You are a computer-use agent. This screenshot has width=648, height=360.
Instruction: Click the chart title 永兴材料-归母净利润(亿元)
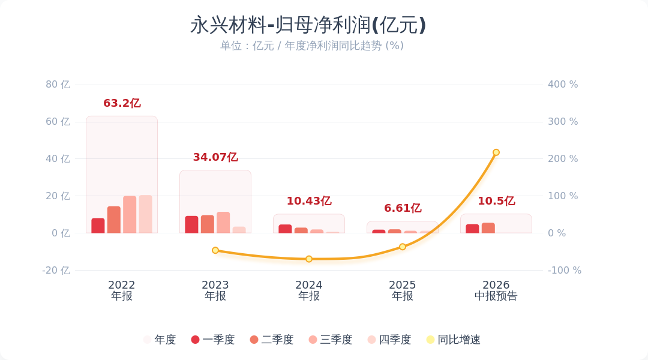(x=308, y=25)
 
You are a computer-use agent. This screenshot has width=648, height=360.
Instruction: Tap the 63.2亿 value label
(x=122, y=103)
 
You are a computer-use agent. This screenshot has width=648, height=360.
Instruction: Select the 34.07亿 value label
(x=215, y=157)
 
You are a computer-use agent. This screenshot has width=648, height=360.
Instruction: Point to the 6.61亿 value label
(x=403, y=208)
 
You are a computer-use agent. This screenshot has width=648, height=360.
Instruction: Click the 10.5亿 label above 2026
(x=496, y=201)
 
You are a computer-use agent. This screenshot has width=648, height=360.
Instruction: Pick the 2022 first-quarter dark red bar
(x=98, y=226)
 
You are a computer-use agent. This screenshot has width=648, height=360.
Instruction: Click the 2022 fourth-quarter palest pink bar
(x=145, y=214)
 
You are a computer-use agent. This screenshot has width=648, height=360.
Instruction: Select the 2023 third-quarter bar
(x=223, y=223)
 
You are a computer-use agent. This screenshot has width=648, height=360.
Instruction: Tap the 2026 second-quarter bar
(x=488, y=228)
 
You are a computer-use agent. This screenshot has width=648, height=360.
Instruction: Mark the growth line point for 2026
(x=496, y=152)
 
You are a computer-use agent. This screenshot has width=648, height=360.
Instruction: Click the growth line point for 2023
(x=215, y=250)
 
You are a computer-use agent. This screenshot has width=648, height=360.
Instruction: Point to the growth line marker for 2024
(x=309, y=259)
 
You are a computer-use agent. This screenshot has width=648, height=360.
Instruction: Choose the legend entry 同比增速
(x=454, y=340)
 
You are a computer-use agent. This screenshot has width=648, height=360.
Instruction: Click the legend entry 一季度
(x=213, y=340)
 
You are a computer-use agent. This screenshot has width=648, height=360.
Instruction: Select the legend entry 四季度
(x=389, y=340)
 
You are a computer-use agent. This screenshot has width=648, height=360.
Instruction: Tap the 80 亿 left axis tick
(x=58, y=85)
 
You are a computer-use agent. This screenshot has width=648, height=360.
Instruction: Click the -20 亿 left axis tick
(x=56, y=271)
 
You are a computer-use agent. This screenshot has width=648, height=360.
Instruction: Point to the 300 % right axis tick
(x=563, y=122)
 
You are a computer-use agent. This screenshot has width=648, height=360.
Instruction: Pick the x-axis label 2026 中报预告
(x=496, y=290)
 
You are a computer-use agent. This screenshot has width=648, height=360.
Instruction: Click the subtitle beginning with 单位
(x=311, y=46)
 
